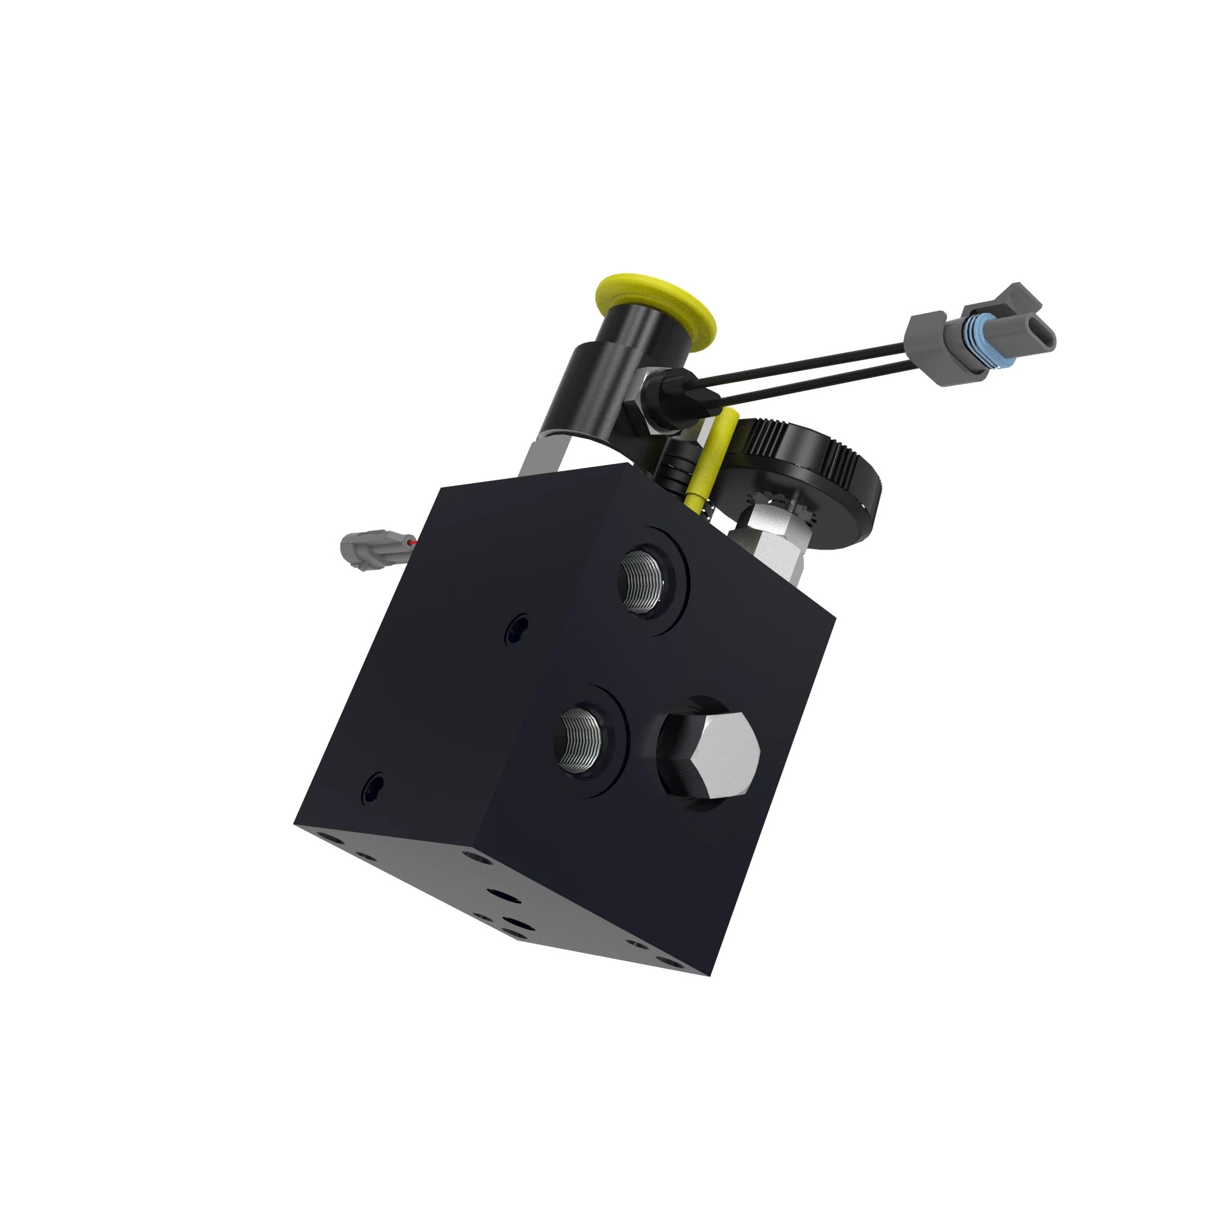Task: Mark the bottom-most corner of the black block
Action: tap(710, 975)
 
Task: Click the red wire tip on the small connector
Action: tap(411, 541)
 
